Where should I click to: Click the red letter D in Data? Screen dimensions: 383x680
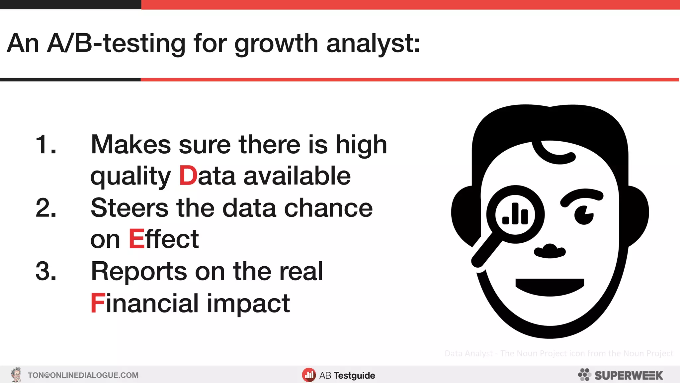click(188, 176)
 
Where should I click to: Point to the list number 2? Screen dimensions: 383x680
click(46, 208)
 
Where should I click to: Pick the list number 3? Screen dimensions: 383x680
click(46, 271)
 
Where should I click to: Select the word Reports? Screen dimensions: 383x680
click(139, 271)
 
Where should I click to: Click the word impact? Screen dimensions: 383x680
click(248, 303)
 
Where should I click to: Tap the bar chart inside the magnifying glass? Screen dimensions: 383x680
click(515, 214)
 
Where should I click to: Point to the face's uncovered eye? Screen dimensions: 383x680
click(584, 214)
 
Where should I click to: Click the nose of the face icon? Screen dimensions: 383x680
click(550, 251)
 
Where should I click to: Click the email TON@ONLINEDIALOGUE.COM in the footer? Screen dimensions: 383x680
click(83, 375)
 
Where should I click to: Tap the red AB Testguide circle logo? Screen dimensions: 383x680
click(309, 375)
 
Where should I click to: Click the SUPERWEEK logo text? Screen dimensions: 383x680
click(628, 375)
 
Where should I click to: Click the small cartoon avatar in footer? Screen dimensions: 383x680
click(16, 375)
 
